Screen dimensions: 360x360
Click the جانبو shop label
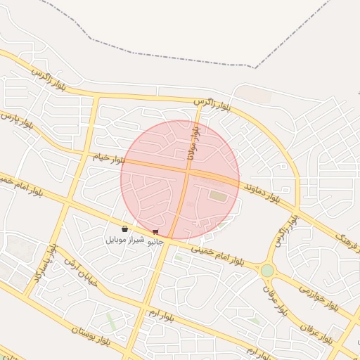[x=154, y=241]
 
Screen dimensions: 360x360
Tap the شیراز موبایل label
[x=125, y=240]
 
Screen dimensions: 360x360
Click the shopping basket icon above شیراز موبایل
[x=124, y=229]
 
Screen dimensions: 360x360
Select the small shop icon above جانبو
[x=155, y=231]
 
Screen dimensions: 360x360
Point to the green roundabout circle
[x=267, y=271]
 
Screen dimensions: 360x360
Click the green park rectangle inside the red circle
[x=219, y=196]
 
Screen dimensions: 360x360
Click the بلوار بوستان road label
[x=92, y=335]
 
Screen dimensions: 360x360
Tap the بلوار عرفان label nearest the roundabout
[x=275, y=298]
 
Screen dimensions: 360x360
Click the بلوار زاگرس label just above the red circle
[x=213, y=105]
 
